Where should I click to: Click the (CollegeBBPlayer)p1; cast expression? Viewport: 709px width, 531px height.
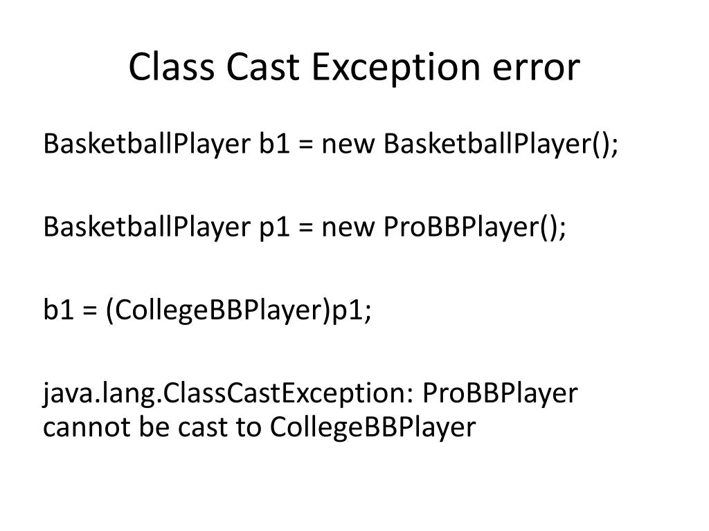coord(238,310)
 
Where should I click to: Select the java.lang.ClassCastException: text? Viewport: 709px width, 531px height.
coord(228,393)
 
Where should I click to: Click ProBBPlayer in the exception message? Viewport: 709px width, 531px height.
coord(499,393)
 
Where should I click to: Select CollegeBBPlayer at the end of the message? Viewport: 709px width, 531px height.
coord(373,427)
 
